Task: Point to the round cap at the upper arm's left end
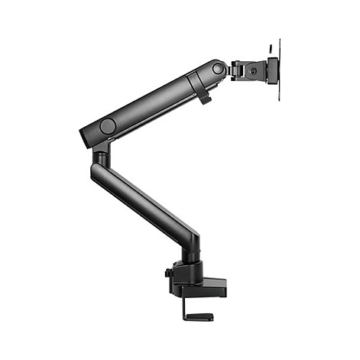point(108,125)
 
